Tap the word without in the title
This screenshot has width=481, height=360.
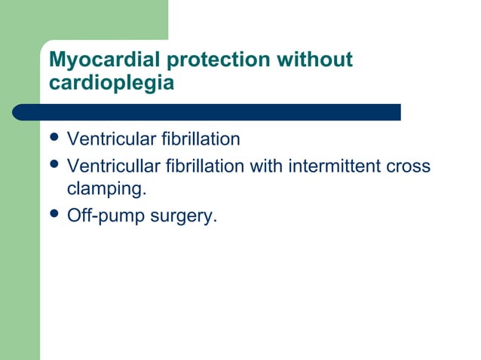[316, 60]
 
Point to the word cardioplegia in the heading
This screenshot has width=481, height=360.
[111, 83]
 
